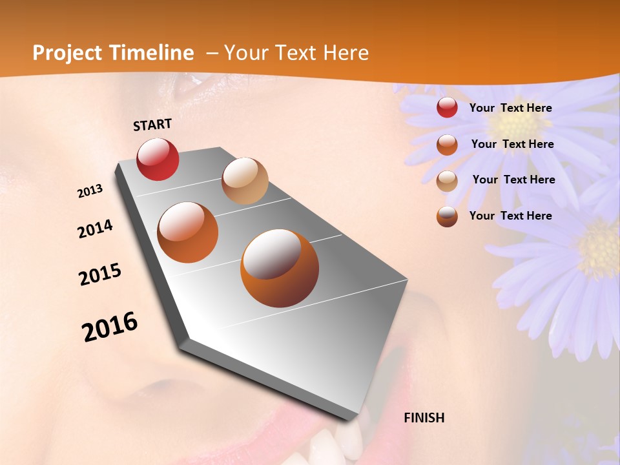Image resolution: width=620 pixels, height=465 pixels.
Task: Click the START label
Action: pyautogui.click(x=152, y=125)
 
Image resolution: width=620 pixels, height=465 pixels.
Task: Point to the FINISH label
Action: pyautogui.click(x=424, y=418)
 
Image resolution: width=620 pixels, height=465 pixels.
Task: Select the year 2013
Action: pyautogui.click(x=90, y=191)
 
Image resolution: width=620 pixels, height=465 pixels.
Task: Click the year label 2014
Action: pyautogui.click(x=95, y=229)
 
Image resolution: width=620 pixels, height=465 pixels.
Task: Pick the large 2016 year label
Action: pyautogui.click(x=110, y=327)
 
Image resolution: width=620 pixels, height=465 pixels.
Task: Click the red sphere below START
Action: pyautogui.click(x=158, y=159)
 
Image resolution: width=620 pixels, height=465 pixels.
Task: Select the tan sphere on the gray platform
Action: pyautogui.click(x=245, y=181)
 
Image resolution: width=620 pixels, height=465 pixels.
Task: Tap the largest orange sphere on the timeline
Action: pyautogui.click(x=279, y=268)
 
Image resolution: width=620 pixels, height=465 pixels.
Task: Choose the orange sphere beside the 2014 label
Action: pyautogui.click(x=188, y=232)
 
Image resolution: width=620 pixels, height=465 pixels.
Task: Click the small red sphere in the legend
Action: pyautogui.click(x=447, y=108)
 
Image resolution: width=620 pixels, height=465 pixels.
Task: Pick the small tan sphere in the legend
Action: pyautogui.click(x=447, y=181)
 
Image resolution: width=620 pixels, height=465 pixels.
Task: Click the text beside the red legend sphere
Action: pyautogui.click(x=511, y=108)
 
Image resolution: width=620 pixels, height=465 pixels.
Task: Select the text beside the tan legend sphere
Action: pyautogui.click(x=514, y=180)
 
